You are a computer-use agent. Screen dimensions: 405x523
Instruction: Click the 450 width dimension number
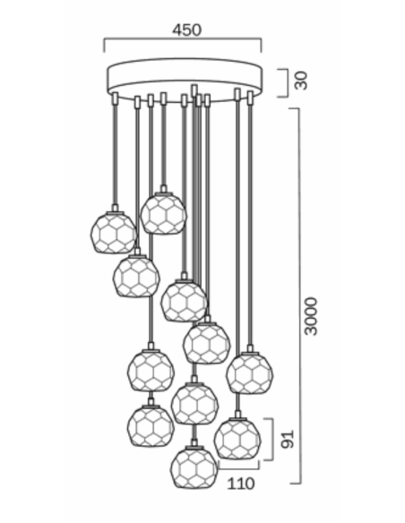187,30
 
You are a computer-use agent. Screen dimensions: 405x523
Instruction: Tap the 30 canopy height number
301,81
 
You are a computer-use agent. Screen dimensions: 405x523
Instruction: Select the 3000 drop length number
311,316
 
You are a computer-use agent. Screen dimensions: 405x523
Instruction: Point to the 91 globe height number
288,440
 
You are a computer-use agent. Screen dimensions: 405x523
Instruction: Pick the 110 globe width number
241,484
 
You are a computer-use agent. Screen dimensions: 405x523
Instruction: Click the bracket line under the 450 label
183,39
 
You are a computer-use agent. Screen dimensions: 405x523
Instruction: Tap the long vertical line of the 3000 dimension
300,296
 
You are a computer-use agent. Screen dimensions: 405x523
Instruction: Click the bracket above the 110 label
238,468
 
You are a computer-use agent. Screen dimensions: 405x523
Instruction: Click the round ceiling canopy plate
185,80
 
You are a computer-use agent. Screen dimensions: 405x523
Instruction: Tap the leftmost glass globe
114,233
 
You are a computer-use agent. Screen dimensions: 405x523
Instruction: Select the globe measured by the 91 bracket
237,439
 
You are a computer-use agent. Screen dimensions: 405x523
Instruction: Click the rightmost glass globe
250,373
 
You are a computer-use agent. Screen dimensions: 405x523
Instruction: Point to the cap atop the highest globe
163,190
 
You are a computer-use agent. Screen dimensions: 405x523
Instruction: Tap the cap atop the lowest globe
194,445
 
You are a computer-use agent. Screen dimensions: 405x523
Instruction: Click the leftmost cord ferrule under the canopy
115,99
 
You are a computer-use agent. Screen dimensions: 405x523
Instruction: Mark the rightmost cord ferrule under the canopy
250,97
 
